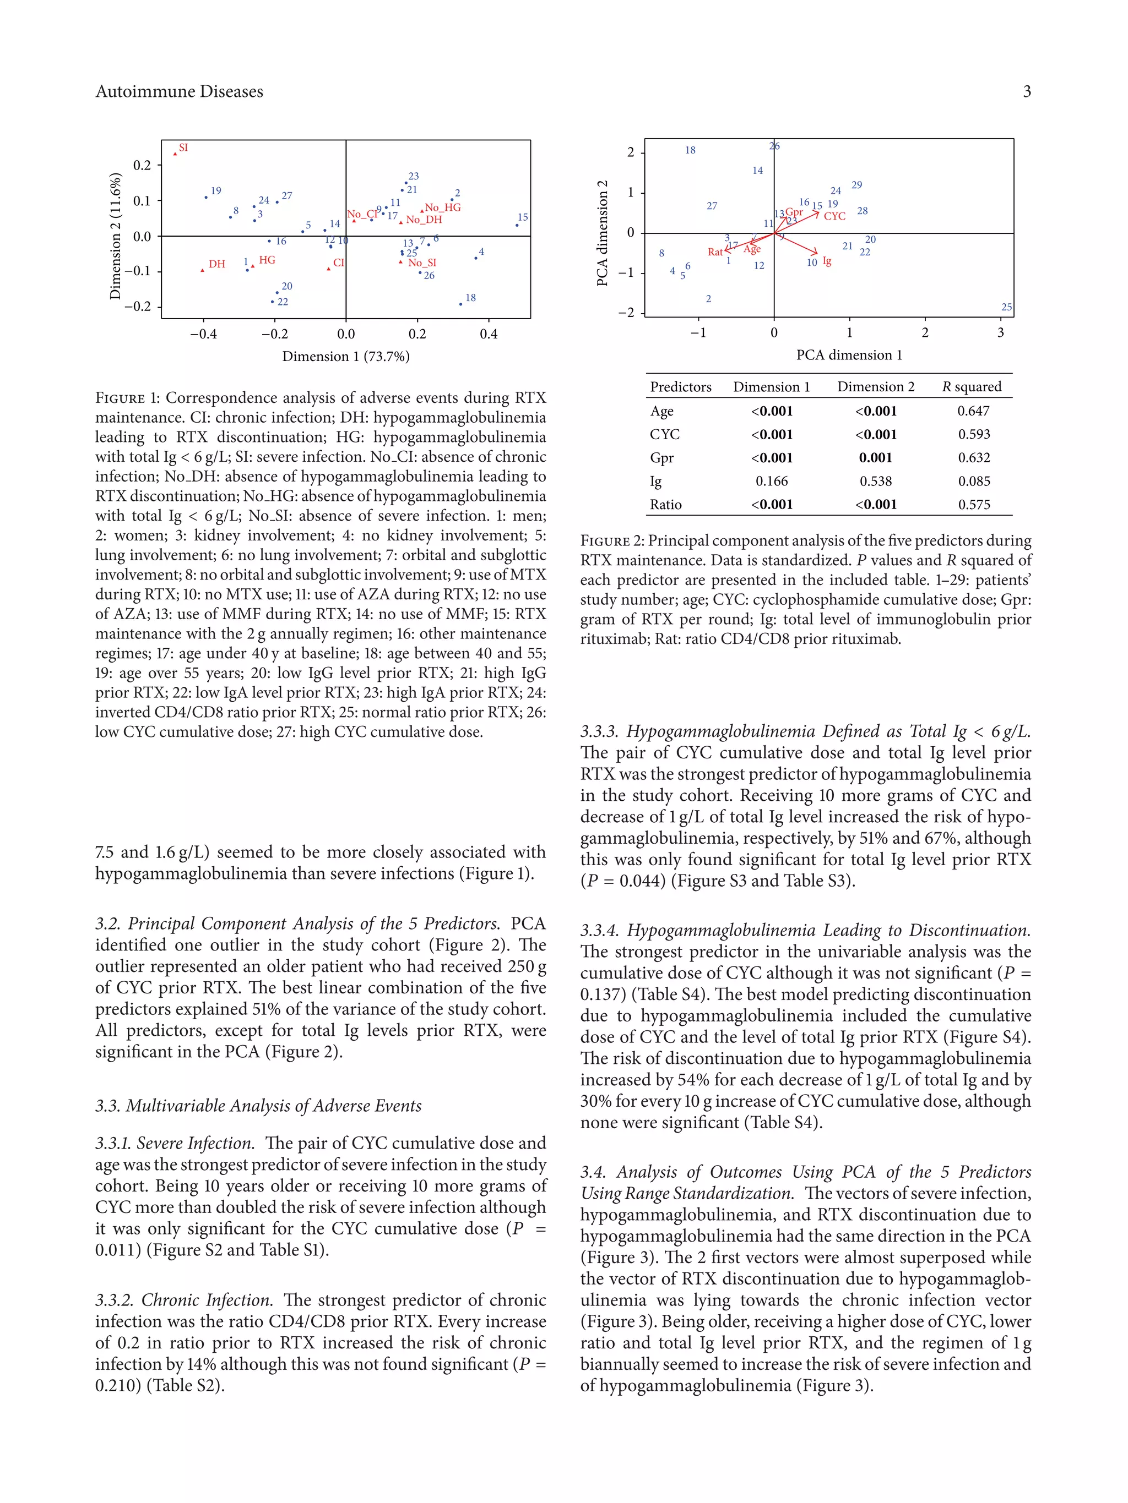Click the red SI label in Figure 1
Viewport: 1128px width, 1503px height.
pyautogui.click(x=183, y=147)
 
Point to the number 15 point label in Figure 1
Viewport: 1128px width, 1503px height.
pyautogui.click(x=522, y=217)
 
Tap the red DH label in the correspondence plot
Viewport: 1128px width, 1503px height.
pyautogui.click(x=216, y=264)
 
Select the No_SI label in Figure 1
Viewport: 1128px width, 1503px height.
pyautogui.click(x=422, y=263)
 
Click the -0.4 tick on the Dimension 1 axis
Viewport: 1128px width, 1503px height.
pyautogui.click(x=203, y=334)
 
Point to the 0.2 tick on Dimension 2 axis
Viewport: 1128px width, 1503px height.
pyautogui.click(x=142, y=165)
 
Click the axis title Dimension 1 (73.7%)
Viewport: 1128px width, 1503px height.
pyautogui.click(x=345, y=356)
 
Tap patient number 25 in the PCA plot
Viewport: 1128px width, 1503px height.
pyautogui.click(x=1006, y=307)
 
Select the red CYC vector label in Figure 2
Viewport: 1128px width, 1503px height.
pyautogui.click(x=834, y=216)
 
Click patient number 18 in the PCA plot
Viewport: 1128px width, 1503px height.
pyautogui.click(x=690, y=150)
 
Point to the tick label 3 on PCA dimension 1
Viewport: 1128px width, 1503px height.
pyautogui.click(x=1000, y=332)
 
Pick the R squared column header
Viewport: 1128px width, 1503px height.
pyautogui.click(x=972, y=387)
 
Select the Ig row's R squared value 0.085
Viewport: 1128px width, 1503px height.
pyautogui.click(x=974, y=481)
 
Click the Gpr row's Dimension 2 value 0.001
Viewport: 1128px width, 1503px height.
pyautogui.click(x=875, y=457)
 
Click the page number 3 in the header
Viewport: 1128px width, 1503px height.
pyautogui.click(x=1027, y=91)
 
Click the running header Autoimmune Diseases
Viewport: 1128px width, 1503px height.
pyautogui.click(x=179, y=91)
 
